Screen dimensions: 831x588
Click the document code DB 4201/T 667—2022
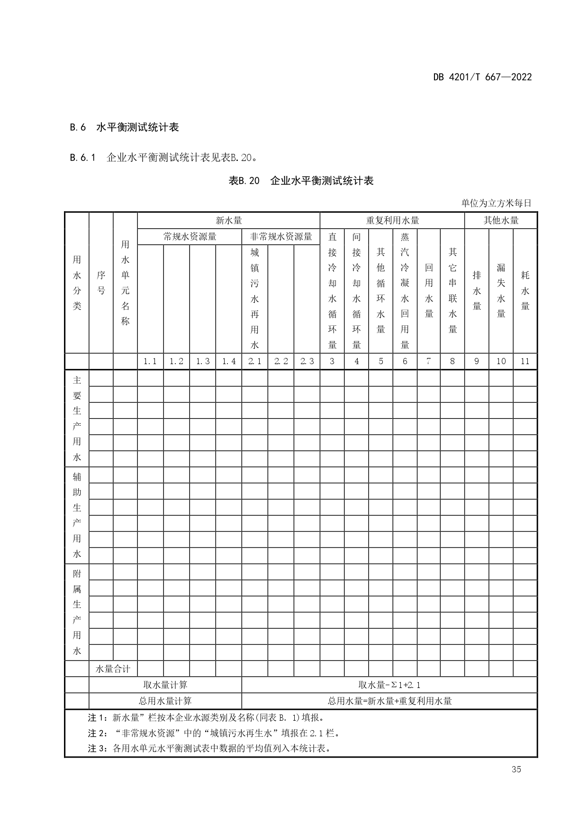click(x=482, y=77)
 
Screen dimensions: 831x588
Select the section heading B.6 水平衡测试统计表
click(x=124, y=127)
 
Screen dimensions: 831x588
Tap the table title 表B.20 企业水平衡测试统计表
click(x=301, y=181)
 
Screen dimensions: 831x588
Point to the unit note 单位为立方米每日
click(x=496, y=203)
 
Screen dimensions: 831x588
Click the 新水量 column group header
click(x=229, y=221)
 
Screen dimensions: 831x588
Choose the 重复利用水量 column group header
click(x=392, y=221)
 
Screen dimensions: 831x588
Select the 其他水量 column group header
click(x=501, y=221)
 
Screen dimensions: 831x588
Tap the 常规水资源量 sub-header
click(x=190, y=237)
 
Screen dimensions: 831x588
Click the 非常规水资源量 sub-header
click(x=281, y=237)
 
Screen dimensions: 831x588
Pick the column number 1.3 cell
click(x=203, y=361)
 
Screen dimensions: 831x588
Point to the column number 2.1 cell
click(x=255, y=361)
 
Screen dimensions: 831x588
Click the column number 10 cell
click(x=501, y=361)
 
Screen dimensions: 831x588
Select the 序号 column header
click(x=101, y=283)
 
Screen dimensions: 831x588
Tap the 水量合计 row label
click(x=113, y=669)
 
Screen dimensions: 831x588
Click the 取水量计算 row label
click(x=165, y=685)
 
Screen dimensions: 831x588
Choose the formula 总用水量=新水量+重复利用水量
click(x=389, y=701)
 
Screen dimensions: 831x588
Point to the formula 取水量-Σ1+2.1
click(x=389, y=685)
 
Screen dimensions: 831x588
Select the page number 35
click(x=516, y=769)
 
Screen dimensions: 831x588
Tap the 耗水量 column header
click(x=525, y=290)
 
